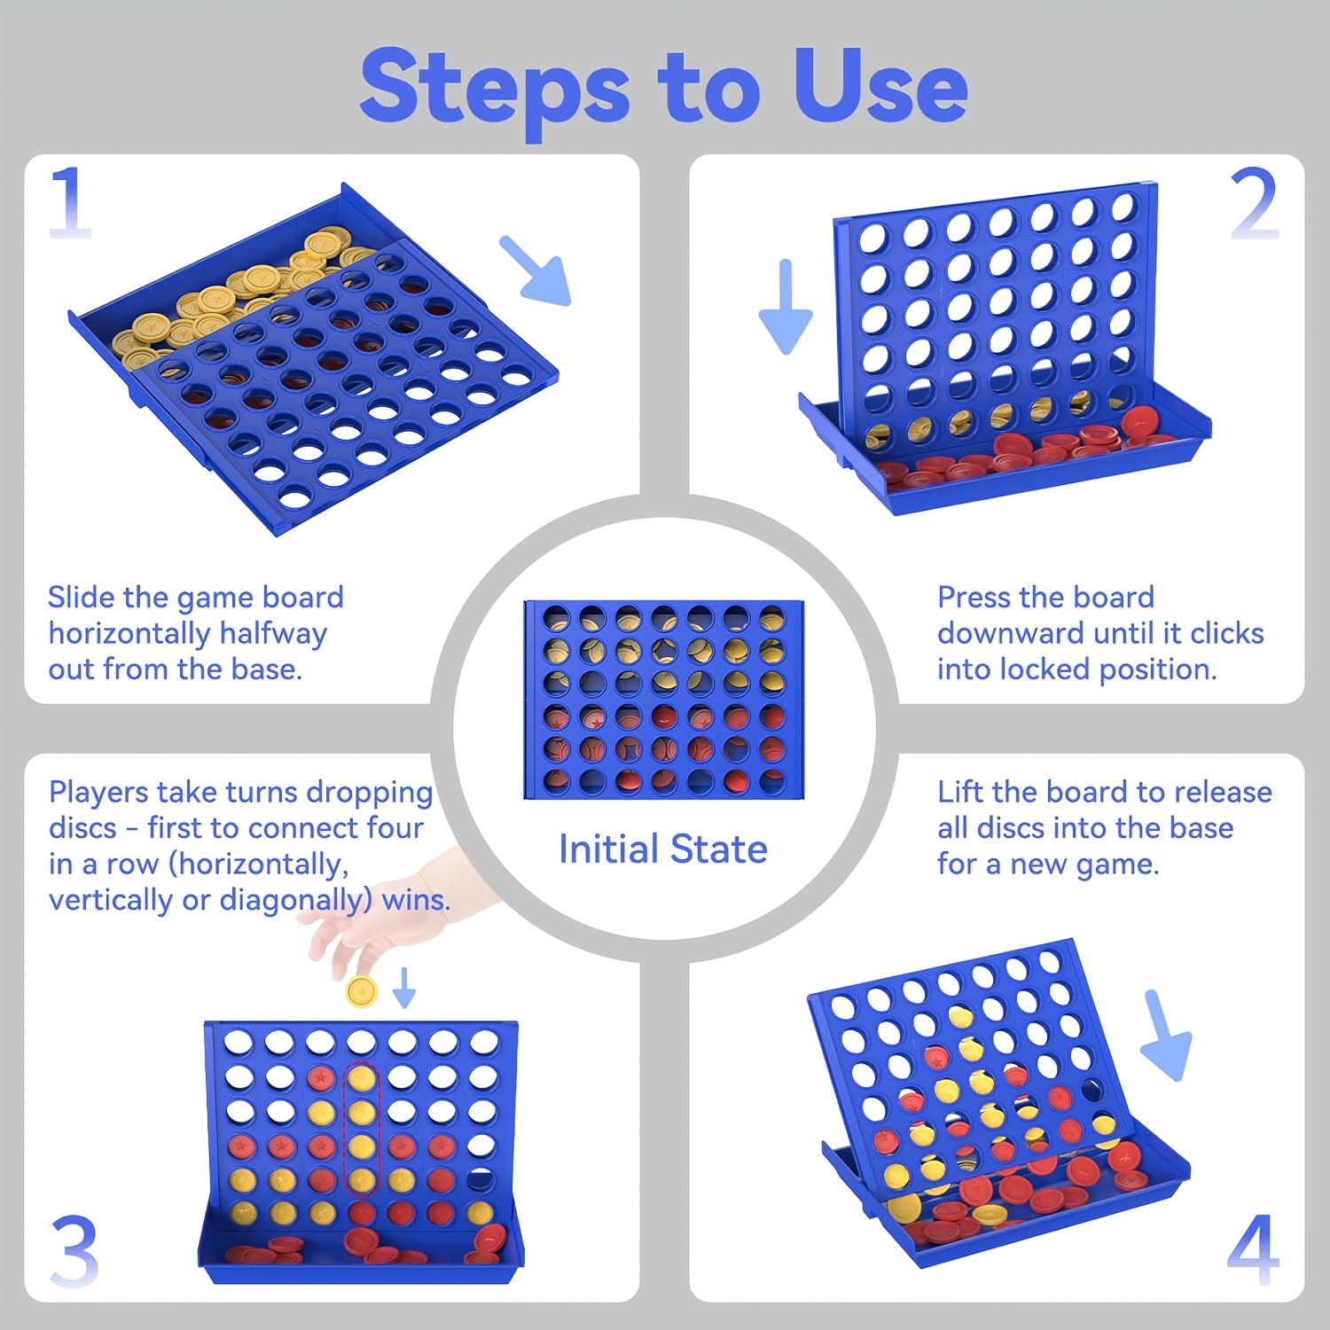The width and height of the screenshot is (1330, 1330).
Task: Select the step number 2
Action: (x=1254, y=204)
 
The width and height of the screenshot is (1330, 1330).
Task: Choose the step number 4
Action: (x=1254, y=1250)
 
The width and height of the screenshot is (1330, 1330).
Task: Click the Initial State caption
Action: (x=662, y=849)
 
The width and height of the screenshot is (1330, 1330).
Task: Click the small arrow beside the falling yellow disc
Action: (x=404, y=988)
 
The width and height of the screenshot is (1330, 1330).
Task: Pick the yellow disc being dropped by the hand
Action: (x=362, y=990)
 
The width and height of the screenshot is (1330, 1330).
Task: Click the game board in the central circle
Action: (x=663, y=700)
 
